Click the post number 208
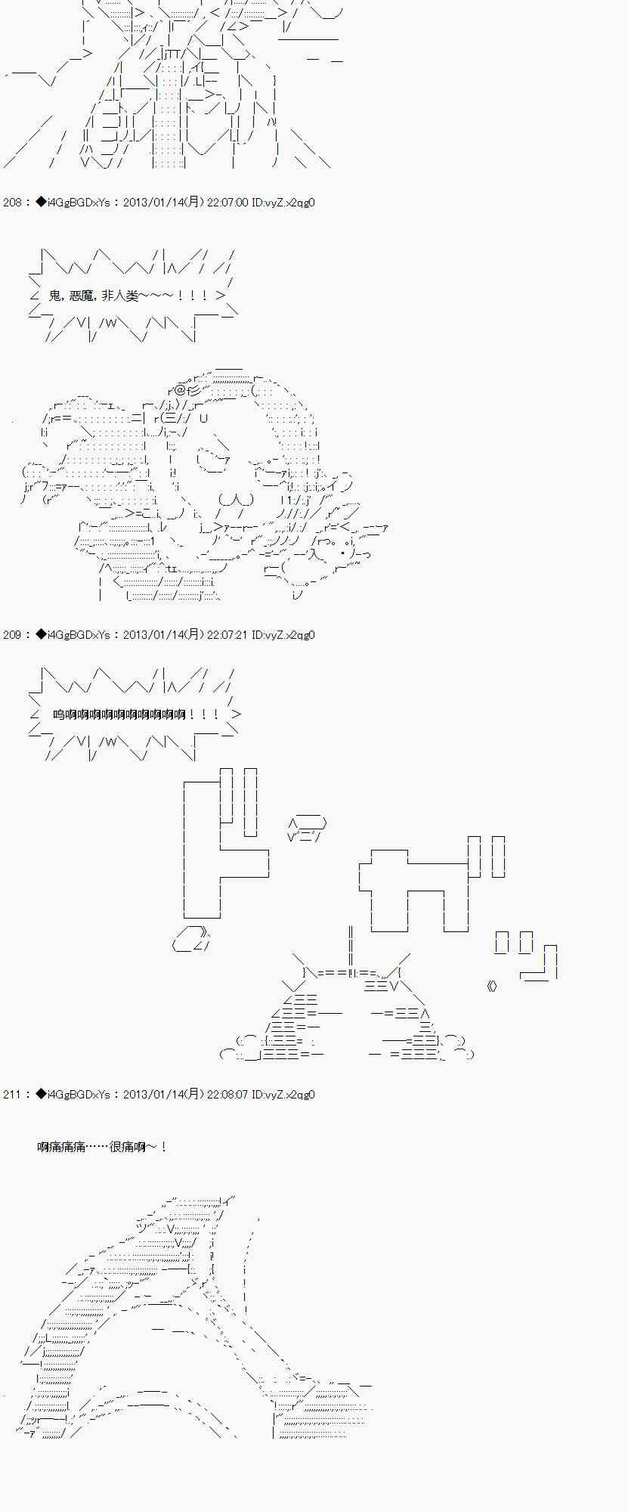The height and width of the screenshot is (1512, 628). [13, 203]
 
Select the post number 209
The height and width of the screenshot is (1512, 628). [13, 635]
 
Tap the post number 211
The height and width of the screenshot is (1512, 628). [13, 1095]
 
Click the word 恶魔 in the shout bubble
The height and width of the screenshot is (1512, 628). [82, 296]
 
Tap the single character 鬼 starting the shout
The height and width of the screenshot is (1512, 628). [54, 296]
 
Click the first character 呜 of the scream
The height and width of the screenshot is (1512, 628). [59, 714]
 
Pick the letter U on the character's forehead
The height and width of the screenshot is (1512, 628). [203, 417]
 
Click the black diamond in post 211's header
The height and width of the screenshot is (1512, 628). [41, 1095]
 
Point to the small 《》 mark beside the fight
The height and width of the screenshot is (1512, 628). [492, 986]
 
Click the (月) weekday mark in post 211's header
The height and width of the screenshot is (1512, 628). [193, 1095]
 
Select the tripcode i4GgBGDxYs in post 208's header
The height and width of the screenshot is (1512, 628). [79, 203]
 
